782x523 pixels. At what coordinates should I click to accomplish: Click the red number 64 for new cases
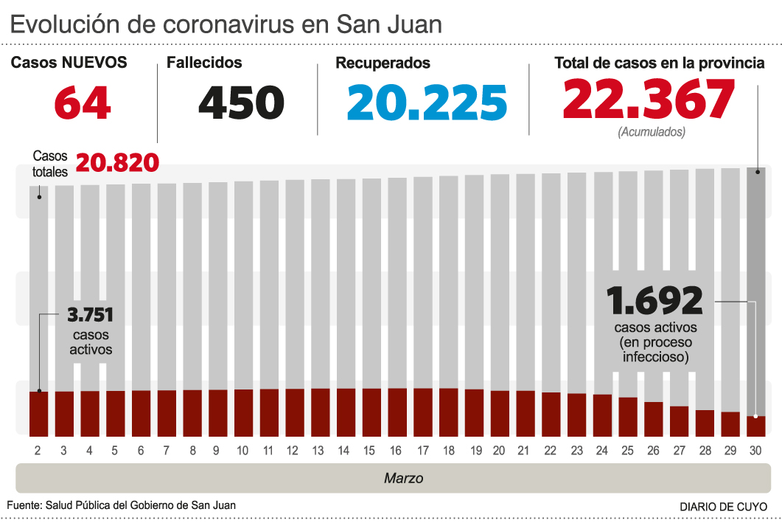click(x=82, y=103)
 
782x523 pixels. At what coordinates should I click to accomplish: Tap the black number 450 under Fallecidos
click(x=241, y=103)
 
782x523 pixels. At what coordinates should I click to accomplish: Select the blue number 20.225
click(x=427, y=103)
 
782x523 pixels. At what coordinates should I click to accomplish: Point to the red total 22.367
click(x=649, y=100)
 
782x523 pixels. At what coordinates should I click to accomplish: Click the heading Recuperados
click(x=383, y=63)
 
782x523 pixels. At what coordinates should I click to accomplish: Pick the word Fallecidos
click(x=204, y=63)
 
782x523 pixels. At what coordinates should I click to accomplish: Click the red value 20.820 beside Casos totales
click(x=117, y=162)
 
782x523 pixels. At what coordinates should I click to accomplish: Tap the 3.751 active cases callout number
click(x=91, y=316)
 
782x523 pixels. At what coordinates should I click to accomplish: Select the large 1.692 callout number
click(x=654, y=301)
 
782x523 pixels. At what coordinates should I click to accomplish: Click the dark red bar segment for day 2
click(x=39, y=414)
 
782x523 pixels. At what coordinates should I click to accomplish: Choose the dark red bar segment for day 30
click(x=755, y=426)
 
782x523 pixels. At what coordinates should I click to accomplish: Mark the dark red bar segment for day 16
click(x=397, y=412)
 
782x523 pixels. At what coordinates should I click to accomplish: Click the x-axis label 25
click(x=627, y=450)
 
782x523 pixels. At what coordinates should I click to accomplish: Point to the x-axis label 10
click(x=242, y=450)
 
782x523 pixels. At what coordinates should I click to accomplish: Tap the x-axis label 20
click(x=499, y=450)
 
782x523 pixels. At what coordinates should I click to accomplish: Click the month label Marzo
click(x=403, y=479)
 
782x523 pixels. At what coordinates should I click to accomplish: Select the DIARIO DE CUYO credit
click(x=722, y=507)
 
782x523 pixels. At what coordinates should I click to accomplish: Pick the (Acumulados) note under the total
click(x=651, y=132)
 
